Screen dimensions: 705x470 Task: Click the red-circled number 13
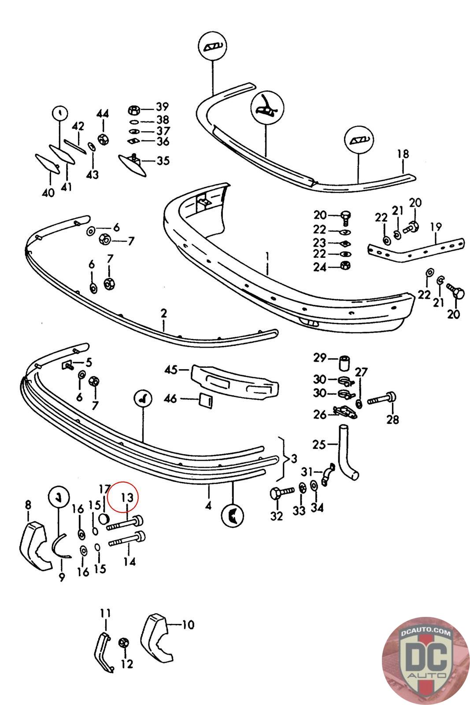(x=127, y=498)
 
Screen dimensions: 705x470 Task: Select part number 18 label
(x=403, y=154)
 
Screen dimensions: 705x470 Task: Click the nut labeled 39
(x=134, y=108)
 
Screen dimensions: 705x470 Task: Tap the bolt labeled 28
(x=383, y=399)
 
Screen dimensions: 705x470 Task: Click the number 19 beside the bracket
(x=436, y=227)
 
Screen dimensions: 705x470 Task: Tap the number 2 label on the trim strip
(x=164, y=314)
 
